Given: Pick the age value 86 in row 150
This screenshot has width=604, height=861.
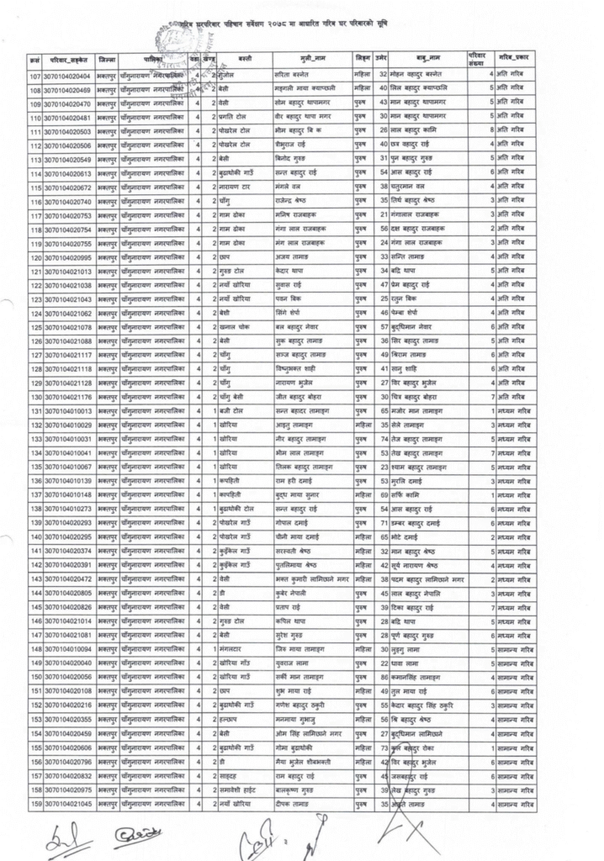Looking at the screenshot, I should point(384,677).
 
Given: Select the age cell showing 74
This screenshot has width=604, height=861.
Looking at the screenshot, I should point(384,439).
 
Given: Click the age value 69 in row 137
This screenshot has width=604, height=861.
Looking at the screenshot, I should point(384,494).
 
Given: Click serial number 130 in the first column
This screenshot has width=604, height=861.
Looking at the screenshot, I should point(34,397).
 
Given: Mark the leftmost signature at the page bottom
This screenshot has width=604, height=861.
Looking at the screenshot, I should point(63,837).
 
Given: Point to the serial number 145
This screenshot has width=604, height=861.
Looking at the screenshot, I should point(34,607).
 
